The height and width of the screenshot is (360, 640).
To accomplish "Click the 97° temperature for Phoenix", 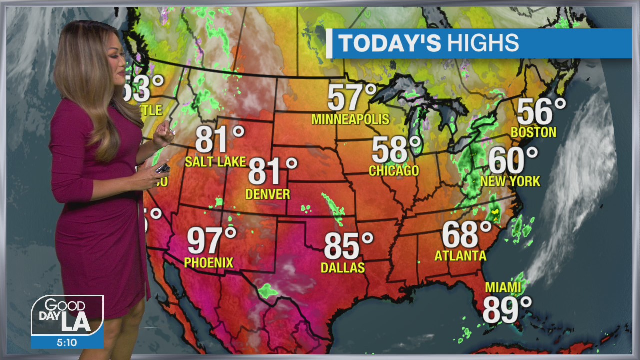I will (211, 240).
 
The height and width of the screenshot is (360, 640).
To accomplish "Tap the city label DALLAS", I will (343, 268).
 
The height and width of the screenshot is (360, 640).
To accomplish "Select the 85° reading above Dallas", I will (348, 246).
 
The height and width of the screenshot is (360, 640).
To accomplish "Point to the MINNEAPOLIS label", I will (350, 119).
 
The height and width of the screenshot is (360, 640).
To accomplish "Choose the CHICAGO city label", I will (394, 171).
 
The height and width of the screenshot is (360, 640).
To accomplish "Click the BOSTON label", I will (534, 132).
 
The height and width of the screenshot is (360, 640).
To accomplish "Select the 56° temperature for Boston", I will (541, 111).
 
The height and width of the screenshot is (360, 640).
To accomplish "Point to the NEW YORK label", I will (510, 181).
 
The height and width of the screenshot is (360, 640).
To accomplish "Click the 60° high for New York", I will (513, 160).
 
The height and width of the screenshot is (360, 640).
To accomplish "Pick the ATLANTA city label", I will (460, 256).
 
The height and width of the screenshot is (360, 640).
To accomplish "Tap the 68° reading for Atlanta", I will (467, 234).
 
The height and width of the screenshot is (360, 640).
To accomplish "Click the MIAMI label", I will (503, 288).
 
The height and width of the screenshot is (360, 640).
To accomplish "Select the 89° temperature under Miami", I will (507, 309).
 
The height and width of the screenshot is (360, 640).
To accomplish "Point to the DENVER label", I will (268, 194).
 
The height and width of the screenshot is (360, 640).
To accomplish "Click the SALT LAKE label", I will (215, 162).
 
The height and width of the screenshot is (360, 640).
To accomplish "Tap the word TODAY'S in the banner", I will (390, 43).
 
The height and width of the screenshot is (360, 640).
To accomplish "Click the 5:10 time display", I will (67, 342).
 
